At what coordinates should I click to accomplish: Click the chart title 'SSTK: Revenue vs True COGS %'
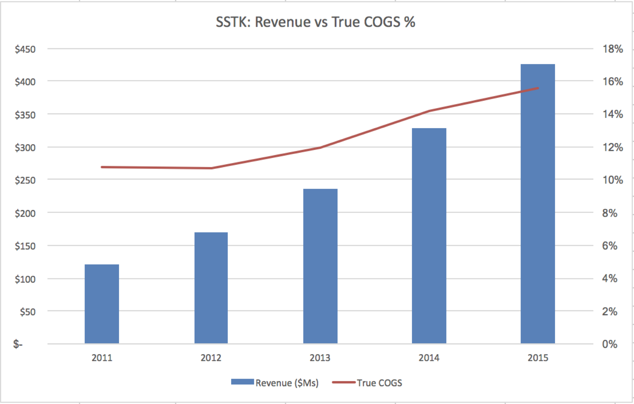tap(315, 22)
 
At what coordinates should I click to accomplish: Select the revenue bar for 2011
tap(102, 304)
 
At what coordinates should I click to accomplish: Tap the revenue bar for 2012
tap(211, 288)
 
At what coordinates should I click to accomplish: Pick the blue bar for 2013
tap(320, 266)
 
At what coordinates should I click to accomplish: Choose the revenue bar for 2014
tap(429, 236)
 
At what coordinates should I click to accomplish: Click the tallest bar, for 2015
tap(538, 203)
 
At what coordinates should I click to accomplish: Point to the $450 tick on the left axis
tap(25, 49)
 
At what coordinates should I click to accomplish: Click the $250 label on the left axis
tap(25, 180)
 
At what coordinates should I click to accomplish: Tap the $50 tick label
tap(28, 312)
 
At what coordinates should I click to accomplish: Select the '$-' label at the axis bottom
tap(18, 344)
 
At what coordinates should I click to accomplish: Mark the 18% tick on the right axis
tap(613, 49)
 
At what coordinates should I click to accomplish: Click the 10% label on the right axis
tap(613, 180)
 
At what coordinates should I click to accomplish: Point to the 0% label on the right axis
tap(610, 344)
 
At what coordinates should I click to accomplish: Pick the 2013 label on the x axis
tap(320, 358)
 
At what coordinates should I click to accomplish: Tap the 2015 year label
tap(538, 358)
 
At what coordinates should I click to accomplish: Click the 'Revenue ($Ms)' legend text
tap(287, 383)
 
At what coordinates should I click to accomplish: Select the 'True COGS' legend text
tap(379, 383)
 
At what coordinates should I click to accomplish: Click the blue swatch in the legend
tap(243, 382)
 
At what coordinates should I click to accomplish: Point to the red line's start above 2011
tap(102, 167)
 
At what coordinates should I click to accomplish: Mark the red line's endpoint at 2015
tap(538, 88)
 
